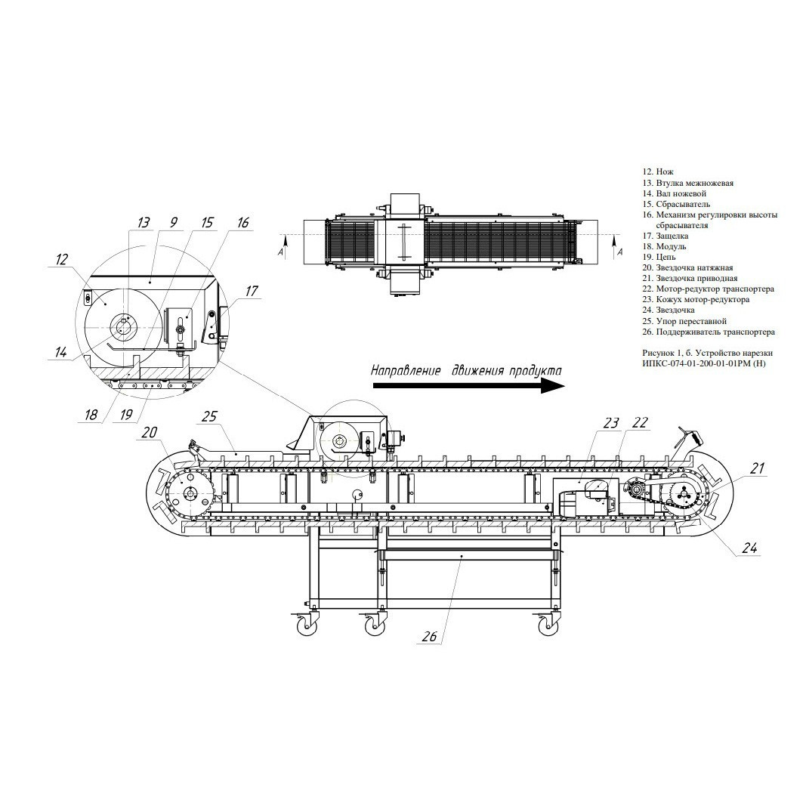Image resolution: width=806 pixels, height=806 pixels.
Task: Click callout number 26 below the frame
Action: click(x=429, y=636)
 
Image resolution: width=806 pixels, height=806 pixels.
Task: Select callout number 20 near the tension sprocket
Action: click(x=149, y=432)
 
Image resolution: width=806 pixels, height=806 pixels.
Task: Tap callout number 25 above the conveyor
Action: click(x=209, y=416)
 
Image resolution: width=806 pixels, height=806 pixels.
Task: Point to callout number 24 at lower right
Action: click(x=749, y=548)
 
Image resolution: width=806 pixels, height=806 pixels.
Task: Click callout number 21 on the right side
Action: click(x=757, y=468)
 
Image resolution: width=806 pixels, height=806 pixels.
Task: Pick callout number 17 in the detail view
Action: click(x=252, y=292)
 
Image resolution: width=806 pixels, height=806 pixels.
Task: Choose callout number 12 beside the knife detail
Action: click(x=61, y=259)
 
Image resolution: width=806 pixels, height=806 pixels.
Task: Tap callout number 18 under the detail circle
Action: click(x=91, y=414)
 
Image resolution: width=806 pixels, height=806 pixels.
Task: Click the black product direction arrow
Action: click(x=468, y=387)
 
